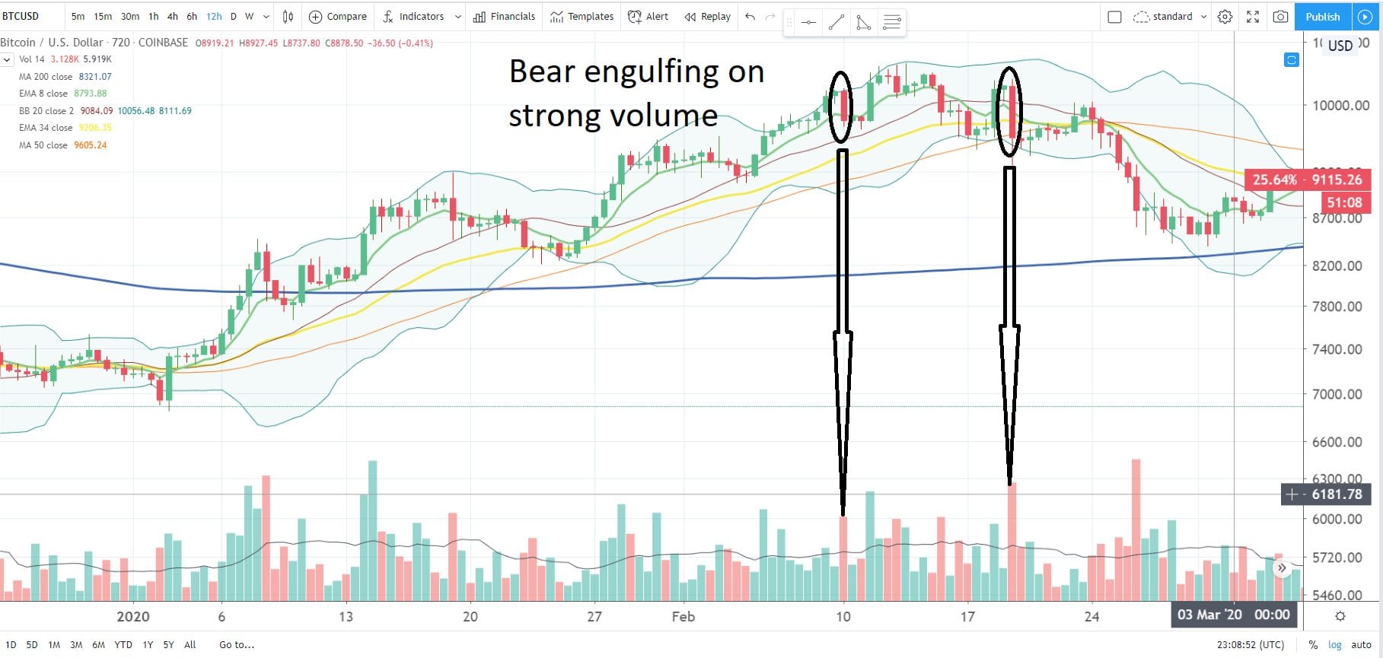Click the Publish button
click(x=1322, y=17)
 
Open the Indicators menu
click(x=414, y=17)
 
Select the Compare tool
click(x=338, y=17)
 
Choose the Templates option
click(x=582, y=17)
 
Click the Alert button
click(x=648, y=17)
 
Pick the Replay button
click(x=708, y=17)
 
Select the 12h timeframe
click(x=214, y=17)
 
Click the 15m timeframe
click(x=103, y=17)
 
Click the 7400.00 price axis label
click(x=1337, y=350)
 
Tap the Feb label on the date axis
click(x=683, y=617)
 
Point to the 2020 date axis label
click(x=132, y=617)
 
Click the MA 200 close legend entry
click(x=46, y=77)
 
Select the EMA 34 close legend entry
click(x=46, y=128)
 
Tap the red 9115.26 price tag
click(x=1307, y=180)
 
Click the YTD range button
click(x=123, y=645)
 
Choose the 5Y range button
click(x=168, y=645)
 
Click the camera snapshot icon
click(x=1280, y=17)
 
